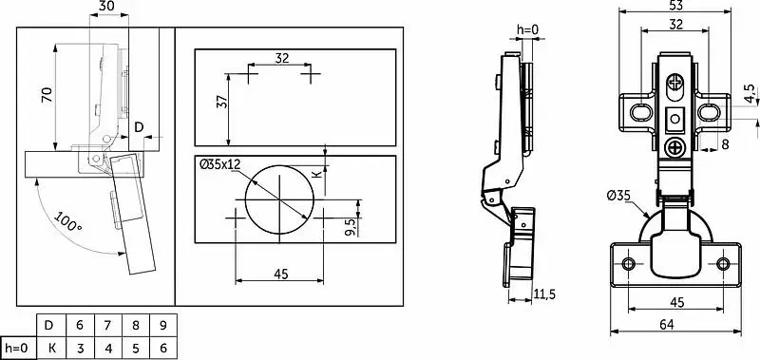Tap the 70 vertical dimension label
47,95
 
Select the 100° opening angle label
67,221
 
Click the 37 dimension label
221,103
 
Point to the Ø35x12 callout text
220,164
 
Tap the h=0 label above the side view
528,30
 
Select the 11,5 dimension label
544,294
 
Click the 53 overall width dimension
674,6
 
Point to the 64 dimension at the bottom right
667,324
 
